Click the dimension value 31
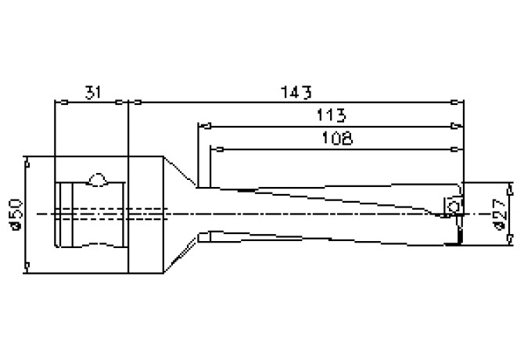point(92,92)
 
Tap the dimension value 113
point(332,116)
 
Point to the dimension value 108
point(336,139)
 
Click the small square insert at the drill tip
point(452,204)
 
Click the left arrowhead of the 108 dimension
point(217,147)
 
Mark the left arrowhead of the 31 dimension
point(59,101)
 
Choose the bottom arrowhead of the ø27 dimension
point(510,240)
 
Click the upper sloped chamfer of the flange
point(179,171)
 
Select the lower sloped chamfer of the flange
point(179,254)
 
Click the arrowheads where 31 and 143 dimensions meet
point(127,101)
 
